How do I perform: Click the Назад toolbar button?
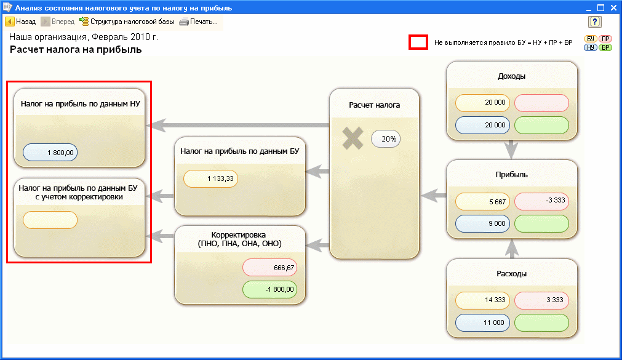tap(20, 22)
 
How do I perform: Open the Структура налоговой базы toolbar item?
tap(127, 22)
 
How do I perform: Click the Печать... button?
tap(198, 22)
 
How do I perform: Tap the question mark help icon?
tap(595, 22)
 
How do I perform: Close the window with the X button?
tap(613, 7)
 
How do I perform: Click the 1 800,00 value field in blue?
tap(50, 153)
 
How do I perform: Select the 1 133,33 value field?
tap(210, 178)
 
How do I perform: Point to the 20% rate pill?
tap(386, 139)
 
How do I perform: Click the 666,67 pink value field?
tap(269, 268)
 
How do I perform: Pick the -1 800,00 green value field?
tap(269, 289)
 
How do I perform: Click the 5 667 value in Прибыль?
tap(482, 202)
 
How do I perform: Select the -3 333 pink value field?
tap(541, 201)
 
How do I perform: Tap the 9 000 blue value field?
tap(482, 223)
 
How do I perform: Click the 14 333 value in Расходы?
tap(482, 300)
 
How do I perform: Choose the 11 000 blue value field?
tap(482, 322)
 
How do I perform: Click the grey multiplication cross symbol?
tap(353, 138)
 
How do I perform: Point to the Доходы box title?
tap(511, 76)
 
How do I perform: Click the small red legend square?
tap(418, 42)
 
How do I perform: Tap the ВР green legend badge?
tap(605, 47)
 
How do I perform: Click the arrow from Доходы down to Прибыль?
tap(511, 150)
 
